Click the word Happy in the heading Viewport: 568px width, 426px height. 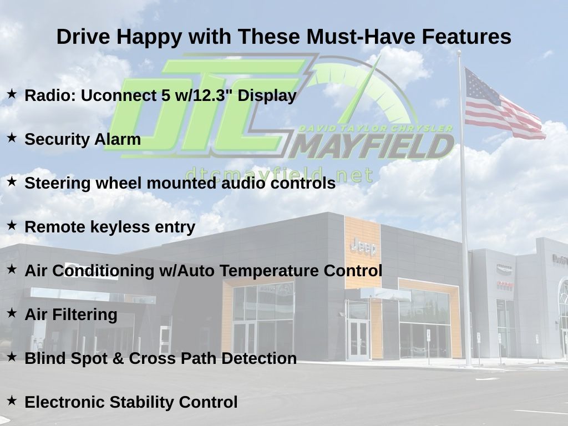tap(149, 37)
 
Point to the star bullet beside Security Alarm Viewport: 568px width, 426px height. tap(12, 138)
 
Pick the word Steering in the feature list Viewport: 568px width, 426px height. tap(58, 183)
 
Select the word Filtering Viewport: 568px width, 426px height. tap(85, 315)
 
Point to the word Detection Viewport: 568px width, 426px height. tap(259, 358)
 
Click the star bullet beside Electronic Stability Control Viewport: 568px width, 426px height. tap(12, 400)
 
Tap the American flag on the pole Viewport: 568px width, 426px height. tap(505, 104)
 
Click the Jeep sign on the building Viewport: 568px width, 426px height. tap(363, 247)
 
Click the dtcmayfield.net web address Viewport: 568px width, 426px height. tap(279, 175)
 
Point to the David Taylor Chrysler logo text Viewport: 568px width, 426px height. tap(376, 128)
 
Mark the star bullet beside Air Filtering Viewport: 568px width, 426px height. tap(12, 313)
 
